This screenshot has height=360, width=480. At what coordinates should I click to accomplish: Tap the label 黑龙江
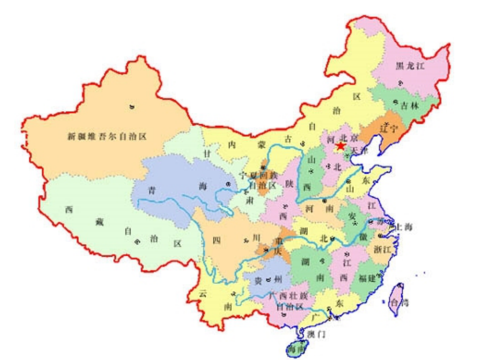(x=410, y=66)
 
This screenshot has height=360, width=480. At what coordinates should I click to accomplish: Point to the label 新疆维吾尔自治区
(x=109, y=137)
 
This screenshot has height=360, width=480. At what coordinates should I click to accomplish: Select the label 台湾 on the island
(x=400, y=302)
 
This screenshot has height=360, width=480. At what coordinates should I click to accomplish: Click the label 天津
(x=359, y=150)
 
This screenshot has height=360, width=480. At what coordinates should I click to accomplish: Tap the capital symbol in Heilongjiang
(x=400, y=82)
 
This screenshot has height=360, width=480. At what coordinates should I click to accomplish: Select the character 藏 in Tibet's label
(x=100, y=222)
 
